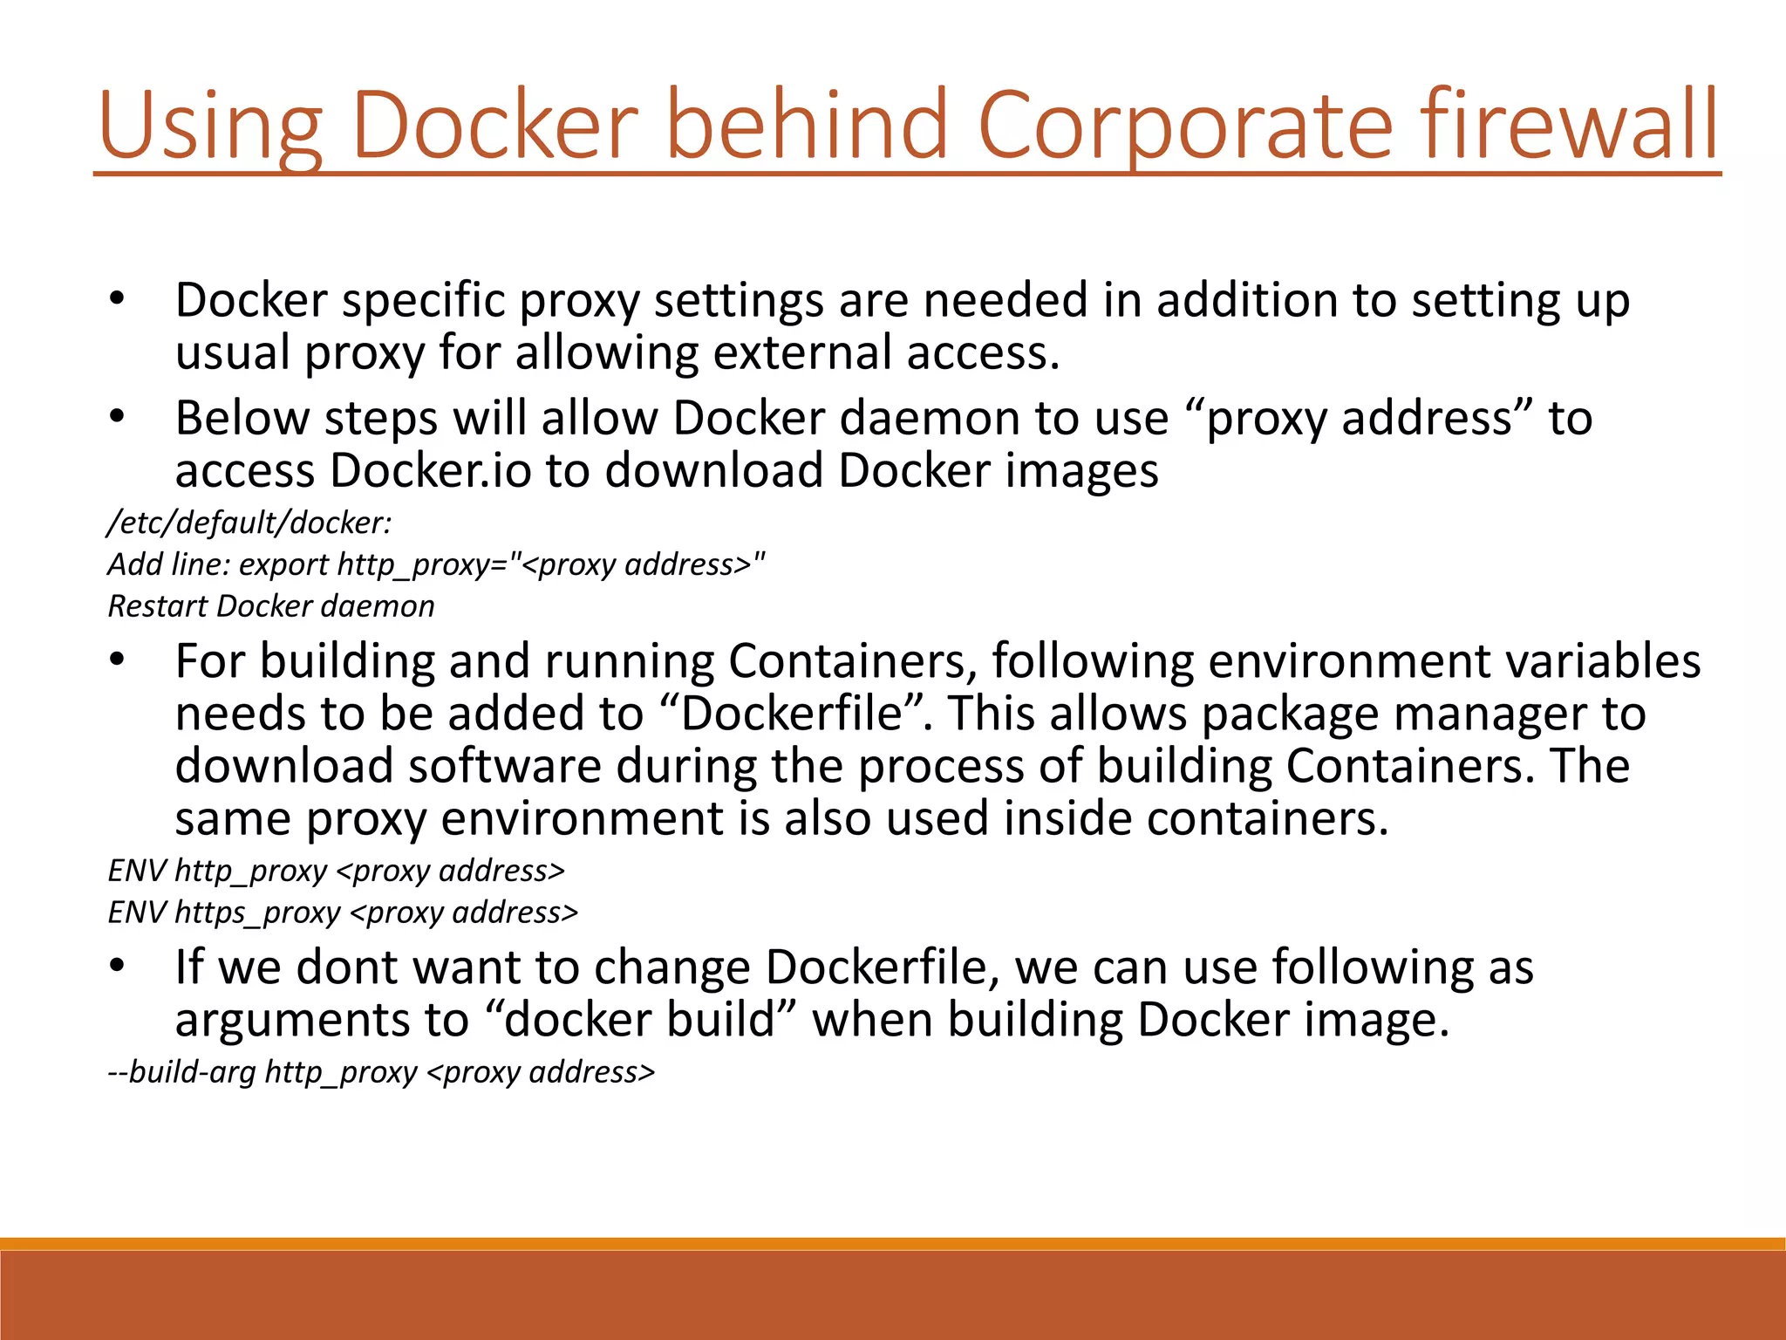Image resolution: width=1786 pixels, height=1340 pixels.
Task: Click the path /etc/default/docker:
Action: pos(249,523)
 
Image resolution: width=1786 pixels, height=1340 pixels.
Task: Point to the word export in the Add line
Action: pos(283,564)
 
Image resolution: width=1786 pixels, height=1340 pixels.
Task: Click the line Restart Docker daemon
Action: pos(270,606)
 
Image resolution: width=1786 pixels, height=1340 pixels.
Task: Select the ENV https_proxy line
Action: pos(343,913)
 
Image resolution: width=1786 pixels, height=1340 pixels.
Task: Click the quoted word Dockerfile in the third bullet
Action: pos(791,714)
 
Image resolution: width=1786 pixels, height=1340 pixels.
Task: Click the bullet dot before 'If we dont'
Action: pos(118,966)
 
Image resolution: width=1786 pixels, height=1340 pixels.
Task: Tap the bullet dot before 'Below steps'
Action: pos(118,417)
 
